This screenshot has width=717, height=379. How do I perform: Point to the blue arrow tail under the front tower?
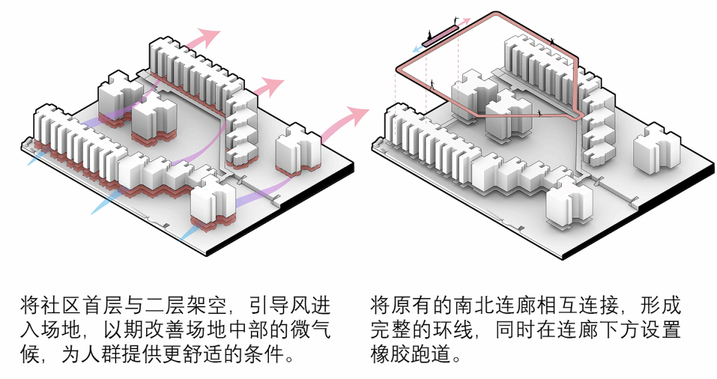tap(187, 236)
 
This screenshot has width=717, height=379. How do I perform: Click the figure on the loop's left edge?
tap(432, 84)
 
